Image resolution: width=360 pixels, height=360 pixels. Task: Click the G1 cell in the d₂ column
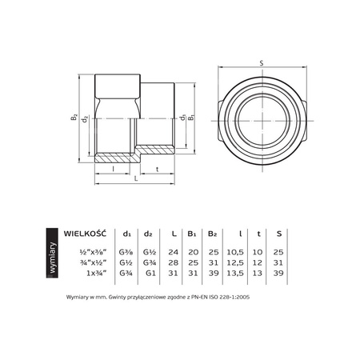point(147,272)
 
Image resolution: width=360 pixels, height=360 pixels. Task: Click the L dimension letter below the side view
point(135,180)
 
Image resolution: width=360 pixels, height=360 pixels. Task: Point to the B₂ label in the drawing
point(74,118)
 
